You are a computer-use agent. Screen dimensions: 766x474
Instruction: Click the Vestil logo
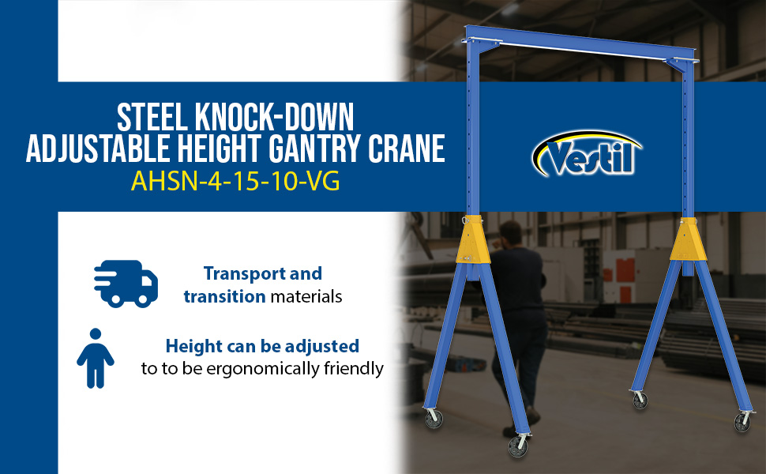(x=586, y=153)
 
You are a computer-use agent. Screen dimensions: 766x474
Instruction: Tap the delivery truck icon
(x=126, y=284)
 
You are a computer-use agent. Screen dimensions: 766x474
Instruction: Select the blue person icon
(x=96, y=358)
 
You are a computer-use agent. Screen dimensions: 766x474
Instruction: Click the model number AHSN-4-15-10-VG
(x=235, y=182)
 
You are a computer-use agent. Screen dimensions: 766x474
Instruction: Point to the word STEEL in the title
(x=152, y=117)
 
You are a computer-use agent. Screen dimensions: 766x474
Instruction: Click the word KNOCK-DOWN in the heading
(x=275, y=117)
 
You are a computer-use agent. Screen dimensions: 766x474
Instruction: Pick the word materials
(x=306, y=296)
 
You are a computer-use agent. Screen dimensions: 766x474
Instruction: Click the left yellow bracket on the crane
(x=473, y=239)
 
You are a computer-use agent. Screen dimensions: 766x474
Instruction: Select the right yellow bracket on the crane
(x=689, y=239)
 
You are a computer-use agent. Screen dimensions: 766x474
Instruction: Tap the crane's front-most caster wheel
(x=518, y=446)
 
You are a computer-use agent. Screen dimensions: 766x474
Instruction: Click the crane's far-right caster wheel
(x=742, y=422)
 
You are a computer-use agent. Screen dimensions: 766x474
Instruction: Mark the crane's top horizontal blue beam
(x=580, y=43)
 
